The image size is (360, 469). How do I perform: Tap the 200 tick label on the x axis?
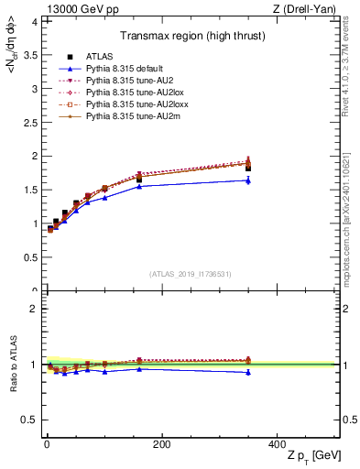tap(161, 444)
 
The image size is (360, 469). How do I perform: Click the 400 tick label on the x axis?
tap(277, 444)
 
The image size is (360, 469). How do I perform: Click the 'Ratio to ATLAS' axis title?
tap(12, 365)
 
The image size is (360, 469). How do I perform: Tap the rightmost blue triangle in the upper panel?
tap(248, 180)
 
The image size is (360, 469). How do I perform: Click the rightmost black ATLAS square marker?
tap(248, 168)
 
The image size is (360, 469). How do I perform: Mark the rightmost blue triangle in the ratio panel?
tap(248, 372)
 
